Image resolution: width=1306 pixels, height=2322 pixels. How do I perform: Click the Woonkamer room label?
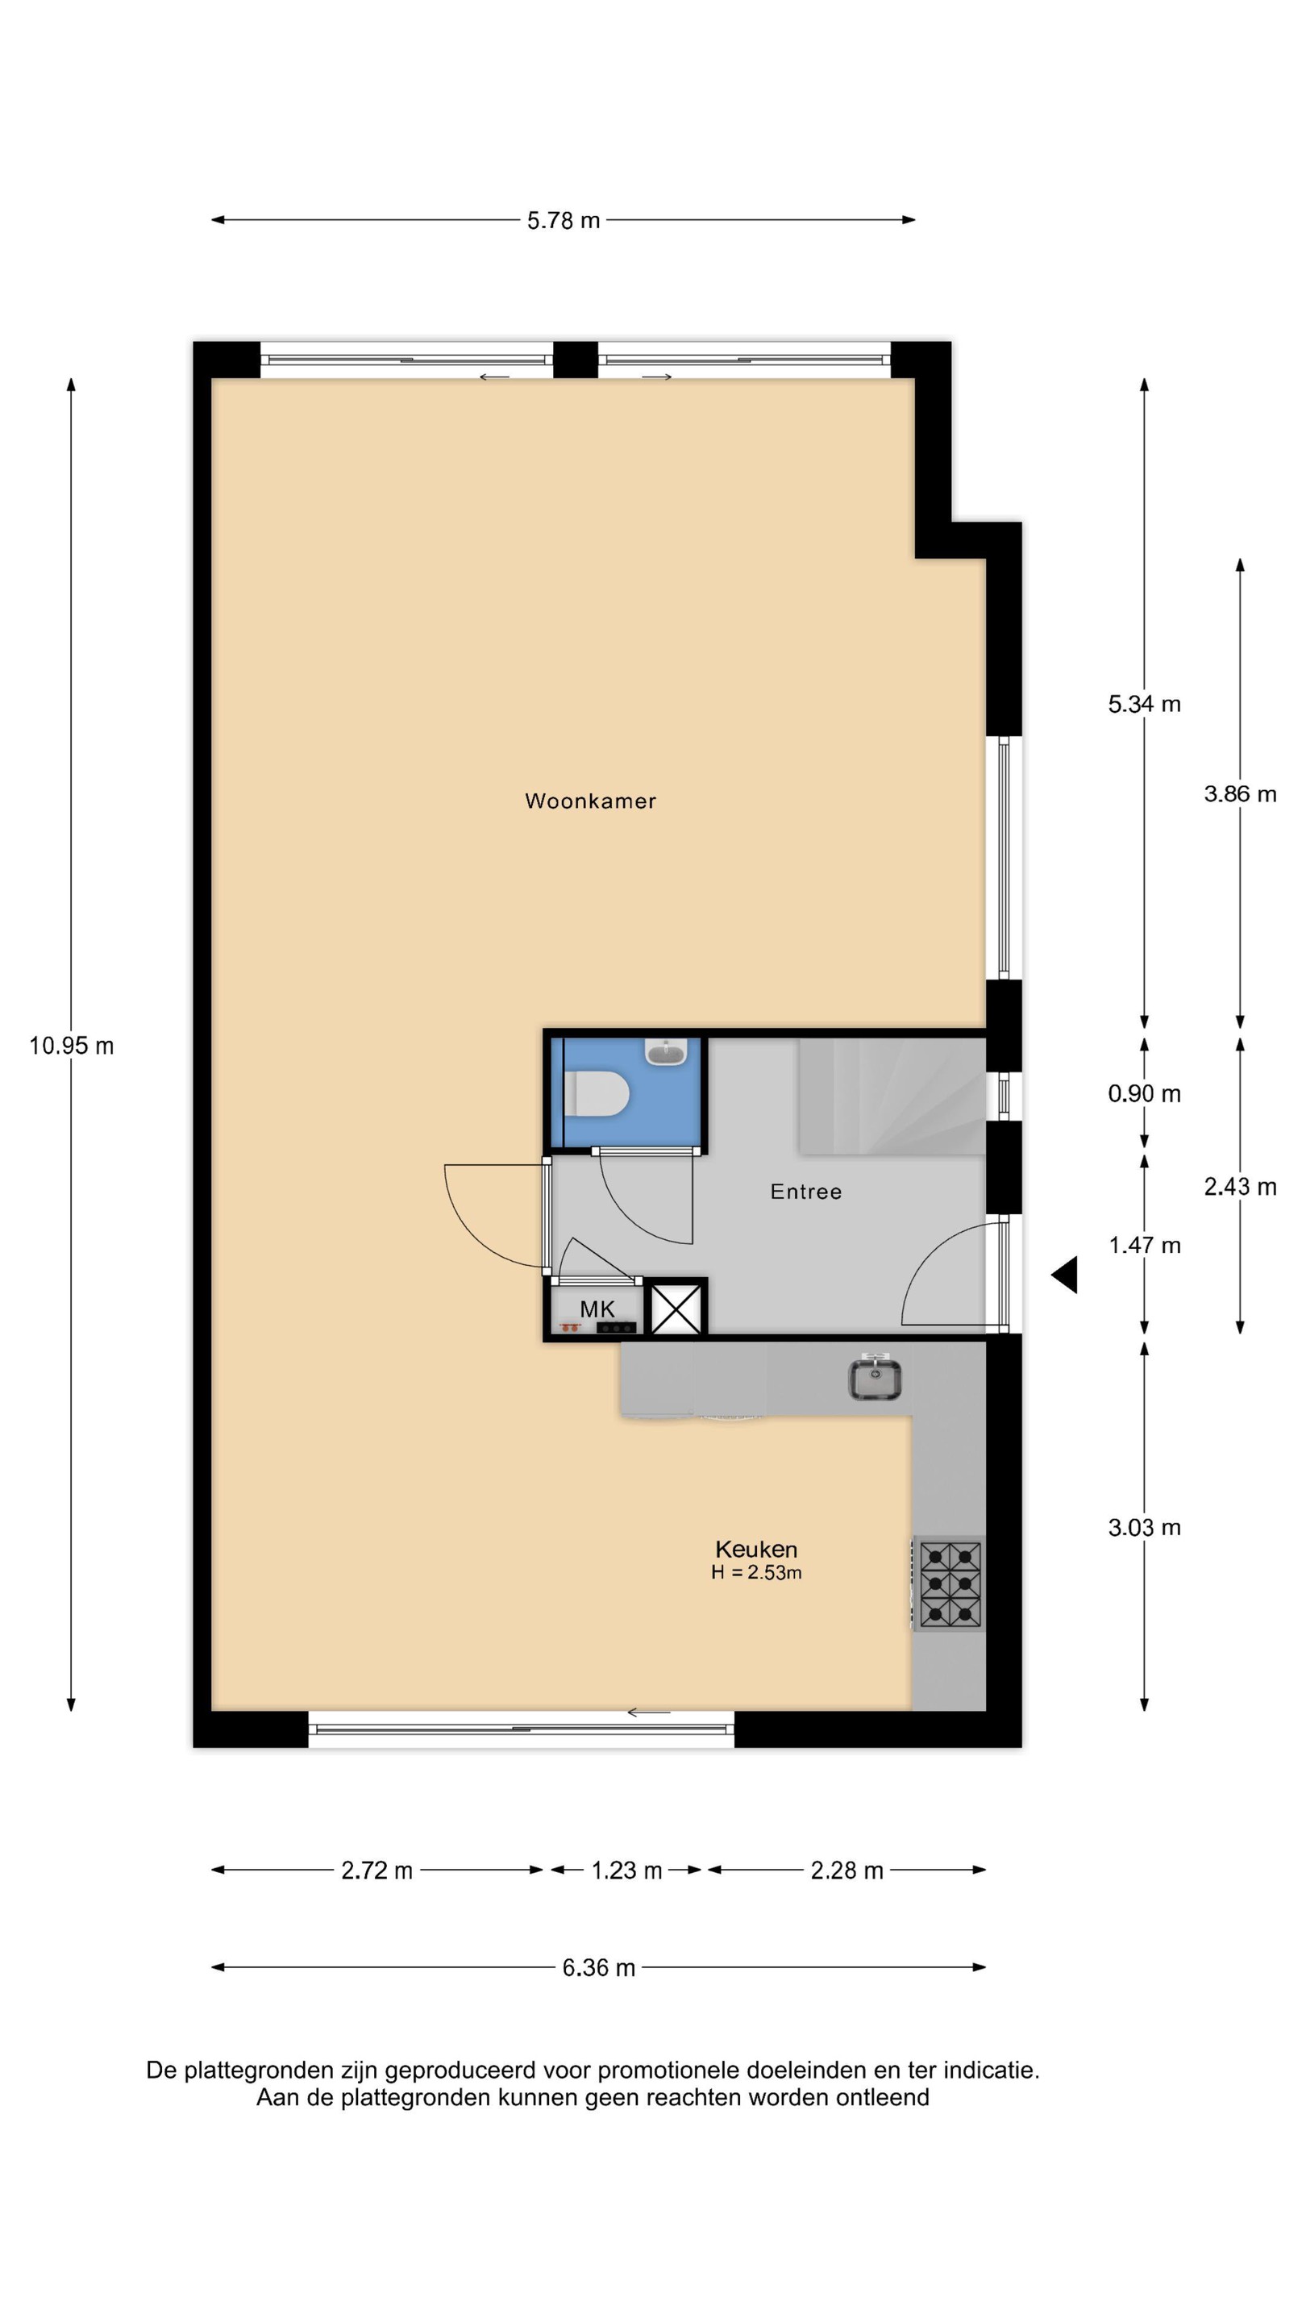pyautogui.click(x=590, y=801)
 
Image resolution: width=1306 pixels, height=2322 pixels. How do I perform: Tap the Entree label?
pyautogui.click(x=806, y=1192)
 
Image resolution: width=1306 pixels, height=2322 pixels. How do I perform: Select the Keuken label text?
pyautogui.click(x=756, y=1549)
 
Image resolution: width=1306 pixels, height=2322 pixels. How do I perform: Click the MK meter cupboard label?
pyautogui.click(x=597, y=1309)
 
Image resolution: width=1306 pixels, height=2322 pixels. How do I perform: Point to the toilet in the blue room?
pyautogui.click(x=596, y=1094)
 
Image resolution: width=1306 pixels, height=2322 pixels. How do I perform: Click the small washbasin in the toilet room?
pyautogui.click(x=666, y=1051)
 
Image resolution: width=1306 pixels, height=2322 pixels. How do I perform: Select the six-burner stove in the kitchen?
pyautogui.click(x=949, y=1583)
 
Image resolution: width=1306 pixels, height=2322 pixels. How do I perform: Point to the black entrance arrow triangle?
pyautogui.click(x=1064, y=1275)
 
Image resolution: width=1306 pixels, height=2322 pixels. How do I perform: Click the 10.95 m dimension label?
pyautogui.click(x=71, y=1046)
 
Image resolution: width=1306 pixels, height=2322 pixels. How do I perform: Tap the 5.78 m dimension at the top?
pyautogui.click(x=564, y=221)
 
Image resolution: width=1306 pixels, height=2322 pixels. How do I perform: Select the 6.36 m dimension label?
pyautogui.click(x=598, y=1968)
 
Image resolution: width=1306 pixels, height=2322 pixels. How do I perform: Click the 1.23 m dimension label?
pyautogui.click(x=626, y=1870)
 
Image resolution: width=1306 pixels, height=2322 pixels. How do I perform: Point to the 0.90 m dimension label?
pyautogui.click(x=1144, y=1093)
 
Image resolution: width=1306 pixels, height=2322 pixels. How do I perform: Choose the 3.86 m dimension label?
pyautogui.click(x=1240, y=794)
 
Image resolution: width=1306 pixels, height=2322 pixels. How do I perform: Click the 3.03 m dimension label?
pyautogui.click(x=1144, y=1527)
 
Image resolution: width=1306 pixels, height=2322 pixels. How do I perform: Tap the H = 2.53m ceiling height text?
pyautogui.click(x=756, y=1573)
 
